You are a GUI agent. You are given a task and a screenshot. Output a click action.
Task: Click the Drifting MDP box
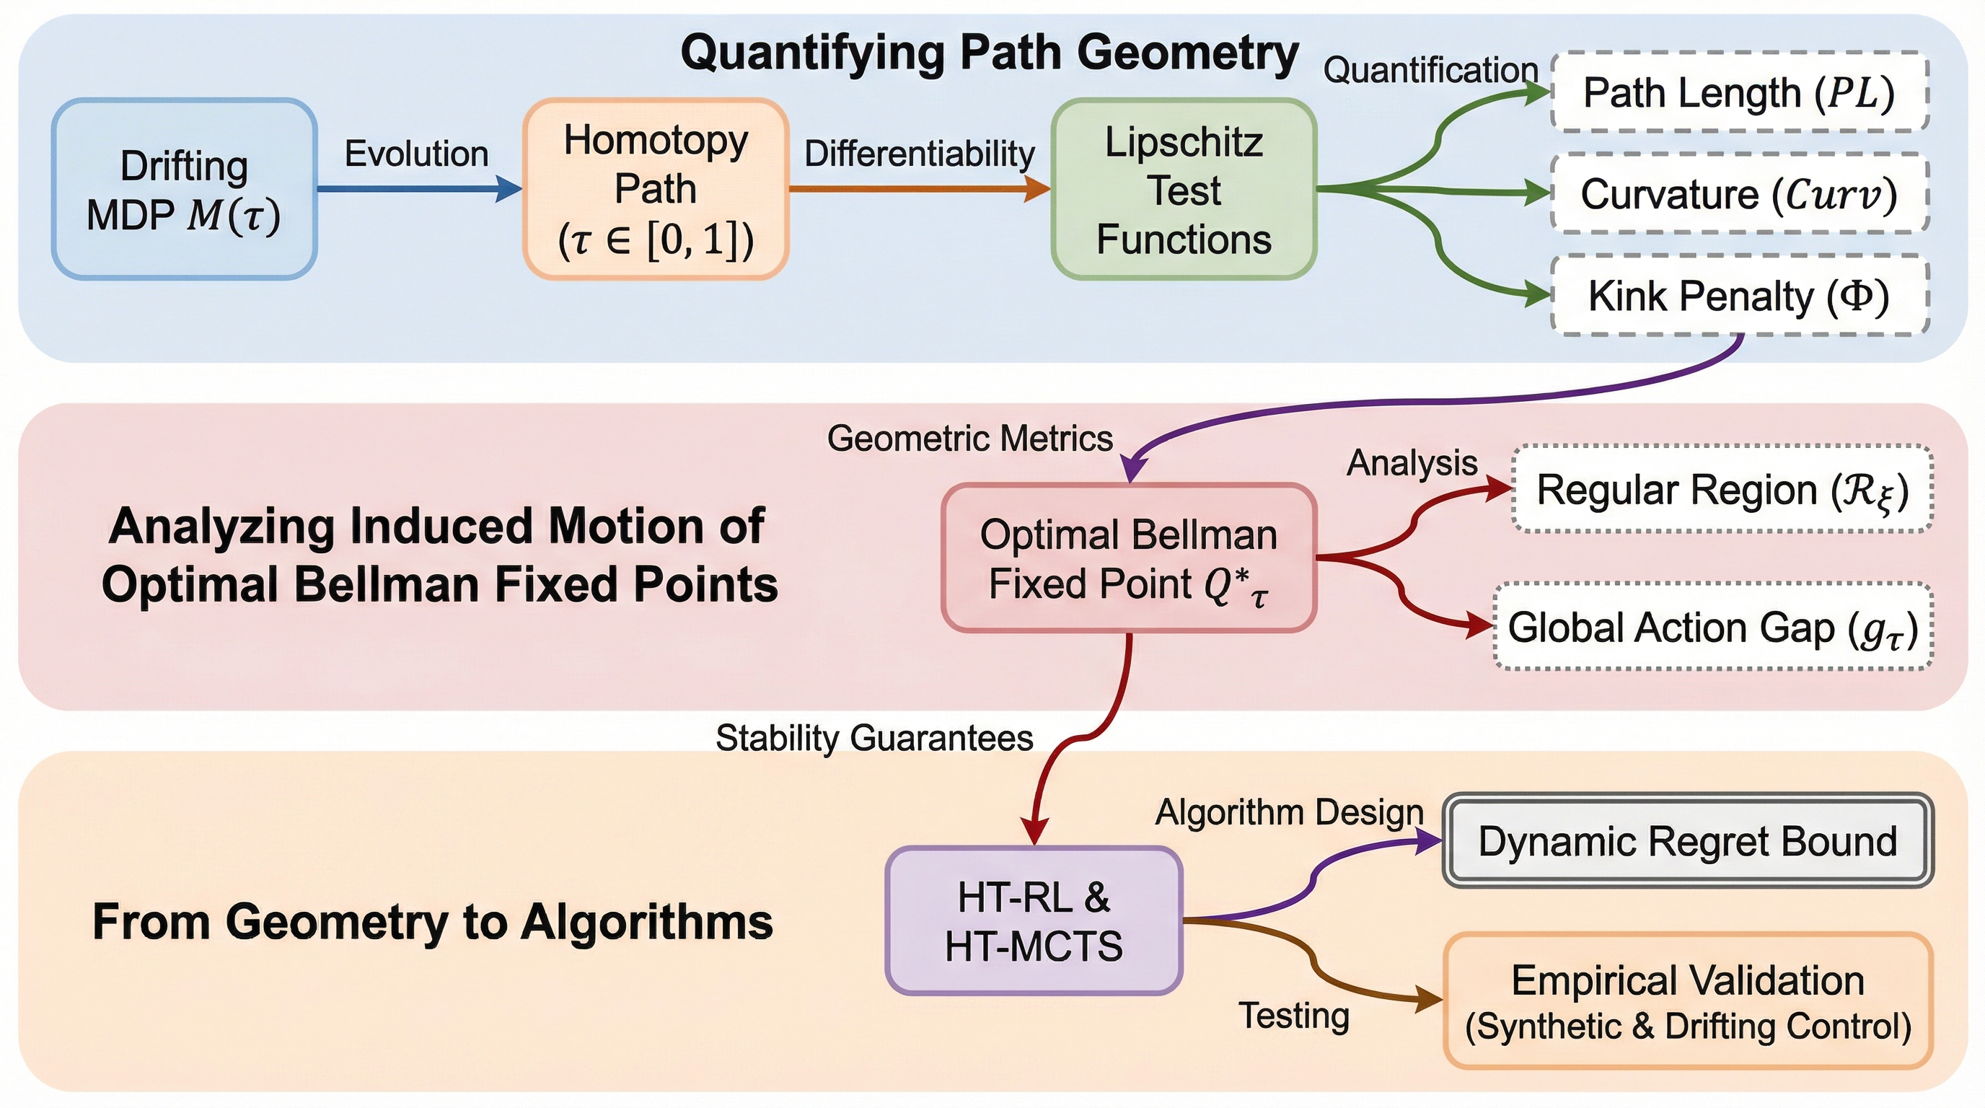(x=184, y=189)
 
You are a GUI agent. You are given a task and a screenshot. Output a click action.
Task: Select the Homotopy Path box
(x=656, y=189)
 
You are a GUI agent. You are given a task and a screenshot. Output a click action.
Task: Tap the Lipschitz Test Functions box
(x=1184, y=189)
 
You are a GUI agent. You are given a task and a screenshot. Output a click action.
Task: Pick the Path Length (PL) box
(x=1739, y=92)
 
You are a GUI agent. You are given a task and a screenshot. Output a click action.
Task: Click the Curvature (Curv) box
(x=1739, y=193)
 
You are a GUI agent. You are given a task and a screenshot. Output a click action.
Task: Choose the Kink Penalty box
(x=1739, y=296)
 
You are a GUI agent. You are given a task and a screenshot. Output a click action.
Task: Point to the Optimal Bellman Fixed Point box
(x=1129, y=558)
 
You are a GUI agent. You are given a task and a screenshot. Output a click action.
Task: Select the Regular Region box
(x=1722, y=489)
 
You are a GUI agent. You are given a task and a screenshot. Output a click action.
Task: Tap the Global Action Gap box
(x=1712, y=627)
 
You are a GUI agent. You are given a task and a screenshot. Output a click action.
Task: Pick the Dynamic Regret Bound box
(x=1688, y=840)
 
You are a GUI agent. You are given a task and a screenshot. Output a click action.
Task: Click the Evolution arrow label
(x=416, y=154)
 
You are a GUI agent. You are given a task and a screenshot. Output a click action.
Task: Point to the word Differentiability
(x=920, y=154)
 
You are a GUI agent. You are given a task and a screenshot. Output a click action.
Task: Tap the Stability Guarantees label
(x=873, y=737)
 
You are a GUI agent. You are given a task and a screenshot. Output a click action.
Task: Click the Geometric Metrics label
(x=969, y=439)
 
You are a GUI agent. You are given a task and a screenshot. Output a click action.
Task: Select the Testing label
(x=1294, y=1016)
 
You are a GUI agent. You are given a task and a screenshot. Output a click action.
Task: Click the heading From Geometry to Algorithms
(x=432, y=922)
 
